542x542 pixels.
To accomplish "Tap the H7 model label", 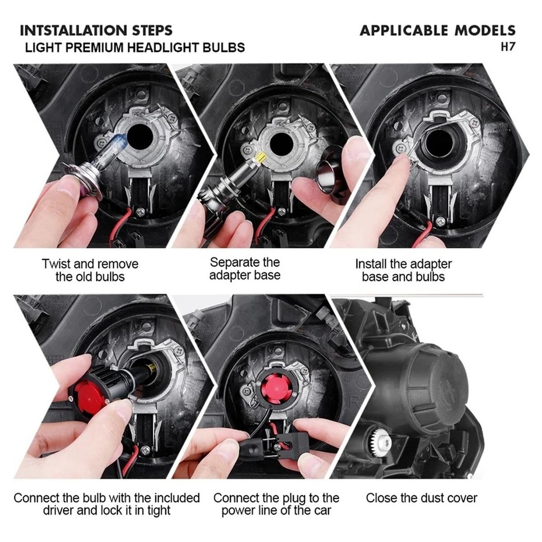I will [508, 47].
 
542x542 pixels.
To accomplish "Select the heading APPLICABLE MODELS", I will [437, 31].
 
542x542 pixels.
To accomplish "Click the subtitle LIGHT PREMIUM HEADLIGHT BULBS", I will [135, 47].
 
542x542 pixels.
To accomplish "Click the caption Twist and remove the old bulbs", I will [90, 270].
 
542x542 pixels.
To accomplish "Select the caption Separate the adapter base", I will [244, 269].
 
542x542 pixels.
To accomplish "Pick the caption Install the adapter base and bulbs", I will [403, 270].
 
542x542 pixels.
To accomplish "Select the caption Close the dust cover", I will [421, 498].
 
